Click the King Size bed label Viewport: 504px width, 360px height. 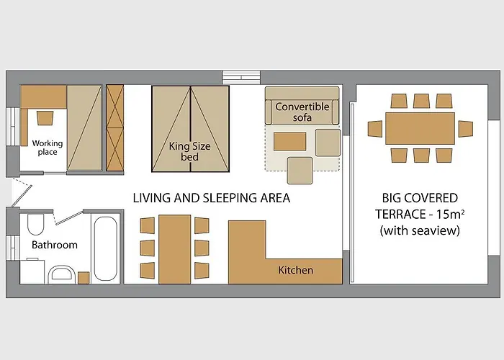pyautogui.click(x=189, y=151)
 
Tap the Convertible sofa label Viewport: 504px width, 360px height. pyautogui.click(x=302, y=112)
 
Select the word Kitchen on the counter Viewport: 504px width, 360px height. pyautogui.click(x=295, y=270)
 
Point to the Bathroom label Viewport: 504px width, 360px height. pyautogui.click(x=55, y=245)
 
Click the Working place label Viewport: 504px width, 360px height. pyautogui.click(x=48, y=148)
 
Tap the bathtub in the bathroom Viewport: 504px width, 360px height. pyautogui.click(x=105, y=248)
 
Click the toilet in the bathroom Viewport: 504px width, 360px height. pyautogui.click(x=35, y=225)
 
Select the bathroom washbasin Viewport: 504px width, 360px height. pyautogui.click(x=62, y=274)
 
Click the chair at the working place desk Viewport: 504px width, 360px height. pyautogui.click(x=45, y=118)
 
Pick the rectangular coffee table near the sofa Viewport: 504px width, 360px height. pyautogui.click(x=289, y=141)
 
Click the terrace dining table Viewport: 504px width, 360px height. pyautogui.click(x=420, y=128)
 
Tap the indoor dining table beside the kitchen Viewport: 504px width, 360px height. pyautogui.click(x=174, y=249)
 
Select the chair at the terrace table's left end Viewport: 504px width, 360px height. pyautogui.click(x=375, y=129)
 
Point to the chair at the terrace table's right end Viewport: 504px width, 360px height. pyautogui.click(x=465, y=129)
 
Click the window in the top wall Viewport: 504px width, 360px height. pyautogui.click(x=242, y=78)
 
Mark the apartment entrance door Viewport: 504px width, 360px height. pyautogui.click(x=22, y=194)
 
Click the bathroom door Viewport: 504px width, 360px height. pyautogui.click(x=68, y=217)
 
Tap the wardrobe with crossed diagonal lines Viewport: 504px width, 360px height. pyautogui.click(x=114, y=127)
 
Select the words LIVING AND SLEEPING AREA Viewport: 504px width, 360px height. pyautogui.click(x=212, y=198)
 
